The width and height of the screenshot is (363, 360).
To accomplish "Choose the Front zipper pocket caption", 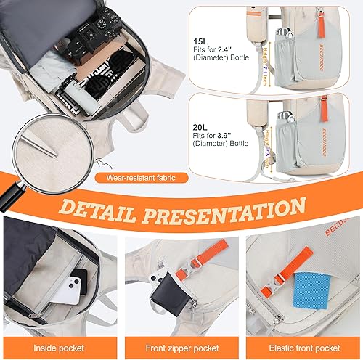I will coord(181,347).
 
